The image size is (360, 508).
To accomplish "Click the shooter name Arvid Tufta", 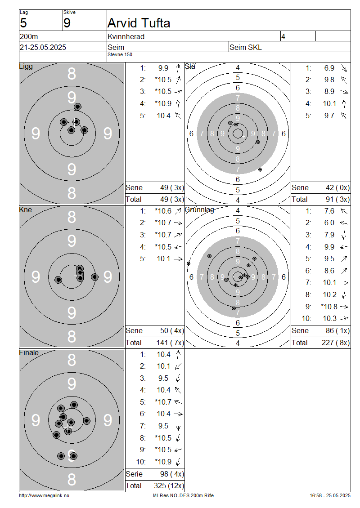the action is pos(139,23).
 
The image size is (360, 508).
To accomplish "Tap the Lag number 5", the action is pos(23,23).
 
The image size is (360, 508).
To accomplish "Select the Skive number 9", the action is pos(67,23).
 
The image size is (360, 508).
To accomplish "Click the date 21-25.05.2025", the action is pos(43,47).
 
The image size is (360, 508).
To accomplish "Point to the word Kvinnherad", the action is pos(126,36).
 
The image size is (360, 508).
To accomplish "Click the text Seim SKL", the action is pos(246,47).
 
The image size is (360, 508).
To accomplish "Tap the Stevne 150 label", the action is pos(120,54).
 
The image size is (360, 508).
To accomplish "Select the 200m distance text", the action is pos(29,36).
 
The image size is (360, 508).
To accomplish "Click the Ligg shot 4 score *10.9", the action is pos(163,104).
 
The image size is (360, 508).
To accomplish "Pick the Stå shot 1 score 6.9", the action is pos(329,68).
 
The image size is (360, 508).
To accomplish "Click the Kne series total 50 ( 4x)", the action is pos(172,331).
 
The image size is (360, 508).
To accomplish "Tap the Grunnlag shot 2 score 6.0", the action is pos(329,223).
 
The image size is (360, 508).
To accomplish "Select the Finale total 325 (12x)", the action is pos(169,486).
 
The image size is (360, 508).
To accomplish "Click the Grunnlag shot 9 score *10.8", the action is pos(329,307).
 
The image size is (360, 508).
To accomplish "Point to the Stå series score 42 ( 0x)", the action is pos(337,188).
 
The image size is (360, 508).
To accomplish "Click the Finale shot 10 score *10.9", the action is pos(163,462).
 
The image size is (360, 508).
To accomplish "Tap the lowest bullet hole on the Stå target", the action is pos(260,169).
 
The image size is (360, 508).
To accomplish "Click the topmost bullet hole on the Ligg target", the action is pos(77,107).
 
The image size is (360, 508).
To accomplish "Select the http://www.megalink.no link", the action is pos(44,495).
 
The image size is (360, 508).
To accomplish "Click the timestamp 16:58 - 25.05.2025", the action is pos(330,495).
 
